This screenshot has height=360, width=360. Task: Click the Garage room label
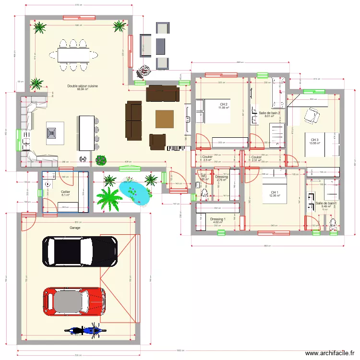pyautogui.click(x=74, y=228)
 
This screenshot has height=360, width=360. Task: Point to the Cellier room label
pyautogui.click(x=65, y=192)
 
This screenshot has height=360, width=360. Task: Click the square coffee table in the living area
pyautogui.click(x=164, y=119)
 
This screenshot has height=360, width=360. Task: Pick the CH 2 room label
pyautogui.click(x=223, y=104)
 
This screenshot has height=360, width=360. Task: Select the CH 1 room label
pyautogui.click(x=274, y=192)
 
